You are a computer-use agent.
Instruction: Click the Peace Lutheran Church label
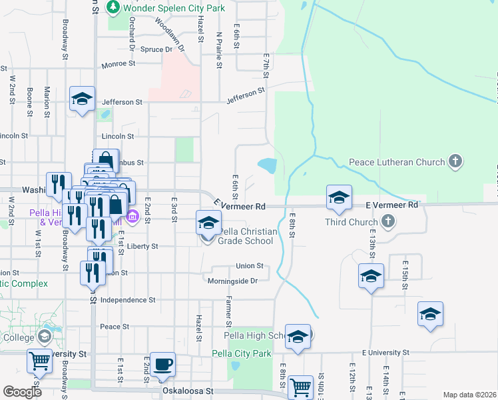397,162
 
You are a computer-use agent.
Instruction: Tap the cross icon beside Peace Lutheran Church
455,162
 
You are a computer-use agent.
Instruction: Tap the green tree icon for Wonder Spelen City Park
114,7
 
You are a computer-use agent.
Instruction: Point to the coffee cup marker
162,364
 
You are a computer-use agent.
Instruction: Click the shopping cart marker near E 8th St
301,385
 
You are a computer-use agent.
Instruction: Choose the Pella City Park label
242,353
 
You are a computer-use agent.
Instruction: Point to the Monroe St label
119,65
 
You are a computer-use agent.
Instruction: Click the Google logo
22,392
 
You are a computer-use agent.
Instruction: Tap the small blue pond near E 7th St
268,165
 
